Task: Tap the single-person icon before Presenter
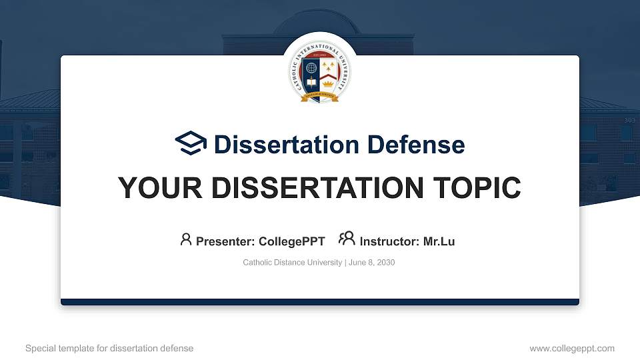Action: click(x=186, y=239)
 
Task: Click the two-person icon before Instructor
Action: click(x=347, y=239)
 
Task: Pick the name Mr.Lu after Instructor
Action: click(x=439, y=241)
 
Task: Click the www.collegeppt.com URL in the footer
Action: click(x=572, y=348)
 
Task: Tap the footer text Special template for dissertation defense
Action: click(x=109, y=348)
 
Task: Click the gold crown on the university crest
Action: click(x=328, y=85)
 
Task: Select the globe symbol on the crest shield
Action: click(x=312, y=68)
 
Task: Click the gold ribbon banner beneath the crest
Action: click(x=320, y=98)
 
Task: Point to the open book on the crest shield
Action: click(x=312, y=84)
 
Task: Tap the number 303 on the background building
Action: click(x=629, y=121)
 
